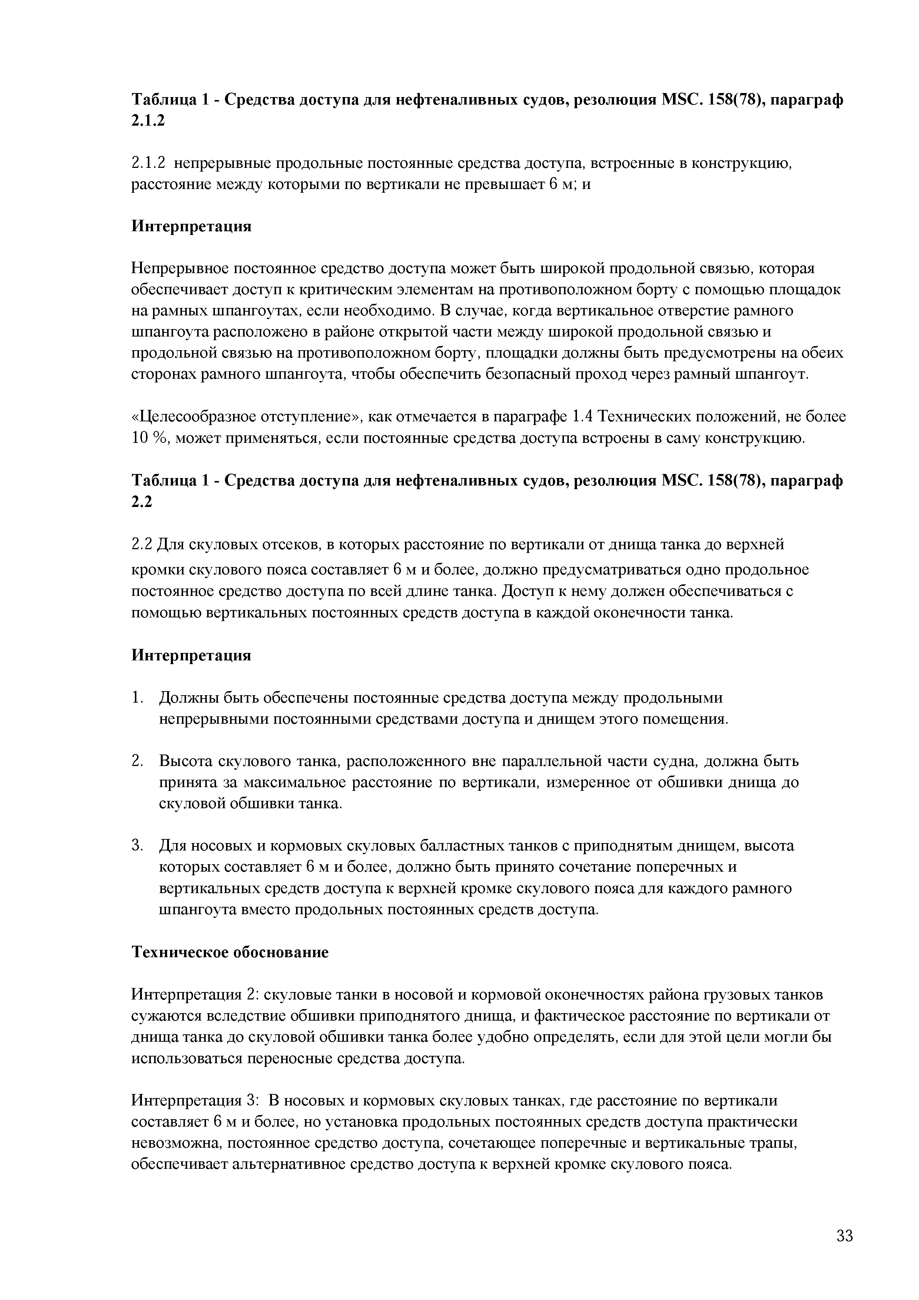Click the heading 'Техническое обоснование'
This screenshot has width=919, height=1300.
click(230, 952)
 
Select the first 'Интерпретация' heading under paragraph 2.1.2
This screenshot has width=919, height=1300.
click(191, 226)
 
